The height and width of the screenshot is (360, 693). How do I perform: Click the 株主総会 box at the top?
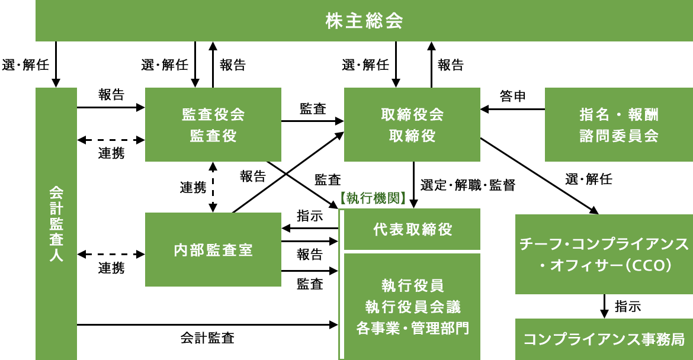(364, 21)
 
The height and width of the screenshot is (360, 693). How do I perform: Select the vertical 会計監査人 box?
(56, 224)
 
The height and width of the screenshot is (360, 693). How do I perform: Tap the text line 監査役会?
(213, 114)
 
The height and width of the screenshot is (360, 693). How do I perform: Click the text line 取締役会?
(412, 114)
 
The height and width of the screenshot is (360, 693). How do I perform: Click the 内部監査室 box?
(213, 250)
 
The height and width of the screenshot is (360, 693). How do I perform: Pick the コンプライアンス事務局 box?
(604, 339)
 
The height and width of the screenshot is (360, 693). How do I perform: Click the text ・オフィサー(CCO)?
(604, 266)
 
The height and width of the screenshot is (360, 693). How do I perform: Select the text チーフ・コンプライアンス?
(604, 244)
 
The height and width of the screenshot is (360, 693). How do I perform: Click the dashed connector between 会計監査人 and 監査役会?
(112, 140)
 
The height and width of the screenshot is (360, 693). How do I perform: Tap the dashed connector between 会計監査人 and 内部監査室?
(112, 254)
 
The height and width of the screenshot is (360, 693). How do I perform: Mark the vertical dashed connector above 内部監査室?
(213, 187)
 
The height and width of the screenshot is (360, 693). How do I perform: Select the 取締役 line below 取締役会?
(412, 136)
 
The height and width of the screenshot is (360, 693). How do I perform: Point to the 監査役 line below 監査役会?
(213, 136)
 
